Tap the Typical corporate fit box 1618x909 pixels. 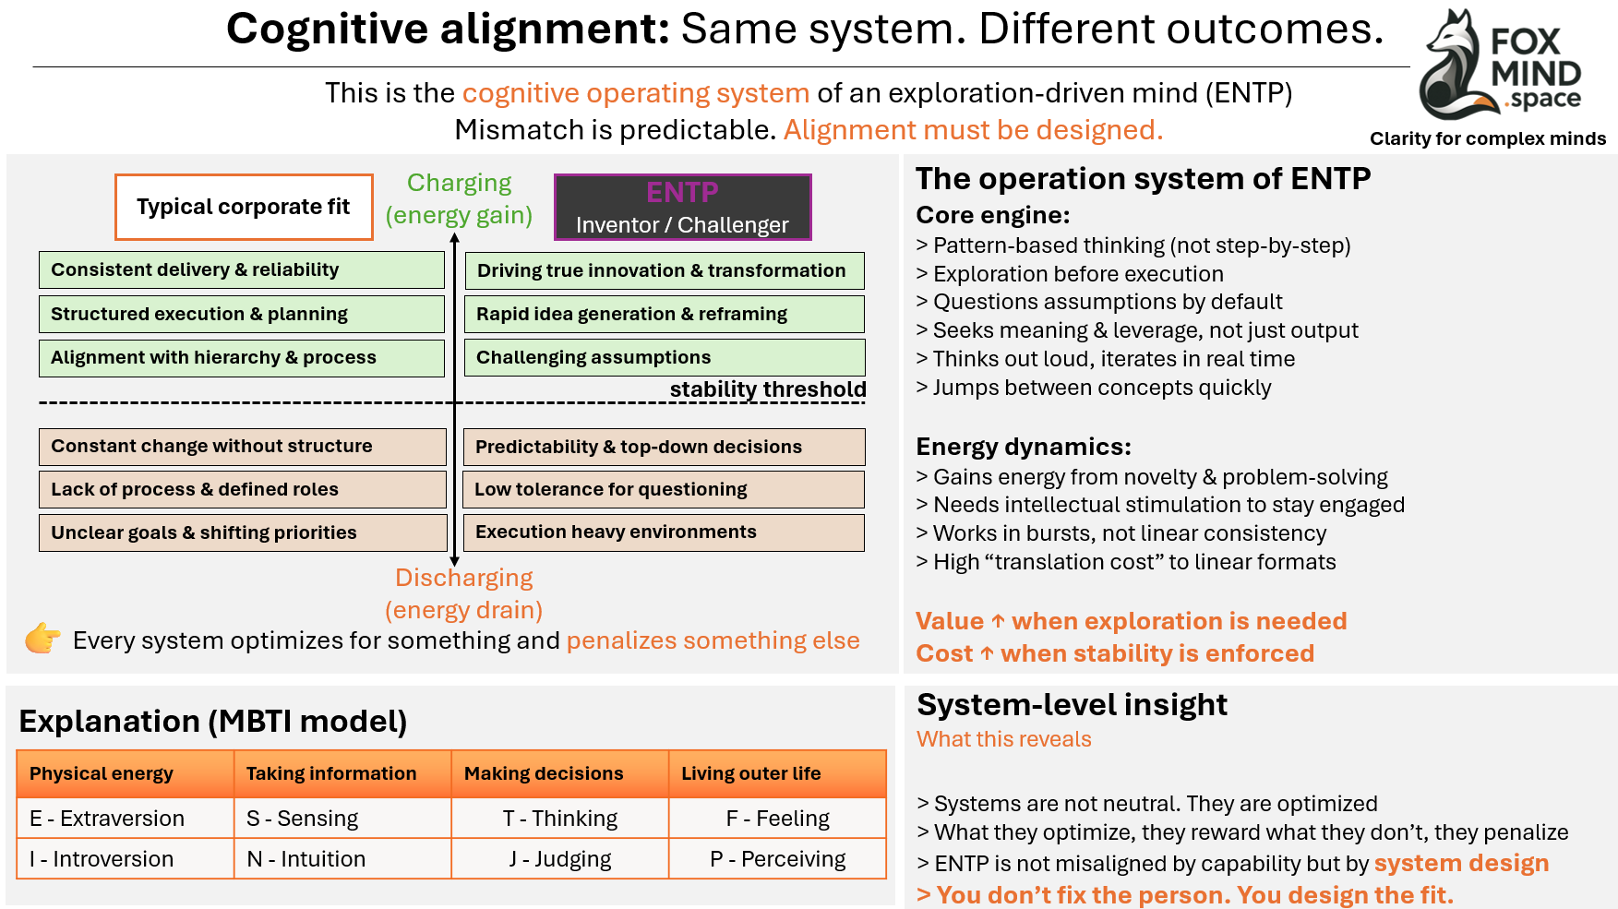pyautogui.click(x=244, y=207)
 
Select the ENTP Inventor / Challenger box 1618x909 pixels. pyautogui.click(x=682, y=207)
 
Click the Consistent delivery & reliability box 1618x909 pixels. pyautogui.click(x=242, y=269)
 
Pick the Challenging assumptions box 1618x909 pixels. pyautogui.click(x=665, y=357)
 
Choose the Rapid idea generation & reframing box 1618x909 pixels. pyautogui.click(x=665, y=314)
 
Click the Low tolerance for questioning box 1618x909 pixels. pyautogui.click(x=664, y=489)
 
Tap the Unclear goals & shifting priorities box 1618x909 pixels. pyautogui.click(x=243, y=532)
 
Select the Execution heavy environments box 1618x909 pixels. pyautogui.click(x=664, y=532)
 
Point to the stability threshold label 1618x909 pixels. pyautogui.click(x=768, y=389)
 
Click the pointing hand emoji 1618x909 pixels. pyautogui.click(x=42, y=639)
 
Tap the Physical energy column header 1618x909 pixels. pyautogui.click(x=126, y=773)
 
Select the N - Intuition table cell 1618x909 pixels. pyautogui.click(x=342, y=859)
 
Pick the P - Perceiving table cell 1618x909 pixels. pyautogui.click(x=777, y=859)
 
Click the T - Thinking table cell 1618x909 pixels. pyautogui.click(x=560, y=819)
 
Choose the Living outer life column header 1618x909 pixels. pyautogui.click(x=777, y=773)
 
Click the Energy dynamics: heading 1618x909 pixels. pyautogui.click(x=1024, y=447)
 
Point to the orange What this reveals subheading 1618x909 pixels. pyautogui.click(x=1004, y=739)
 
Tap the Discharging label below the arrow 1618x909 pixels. pyautogui.click(x=464, y=578)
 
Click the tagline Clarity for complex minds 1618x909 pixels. pyautogui.click(x=1488, y=138)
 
